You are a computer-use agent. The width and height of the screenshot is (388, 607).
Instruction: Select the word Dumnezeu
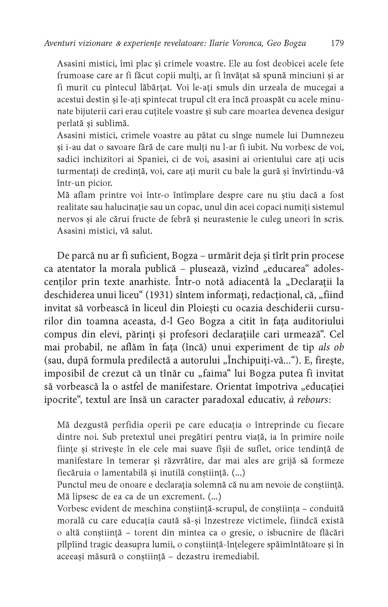click(x=317, y=135)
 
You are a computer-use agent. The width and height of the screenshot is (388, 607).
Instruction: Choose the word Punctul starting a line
click(x=72, y=484)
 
